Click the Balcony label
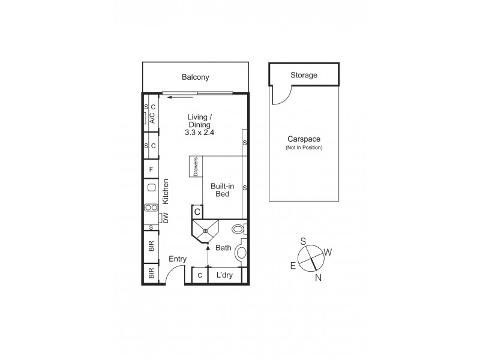(x=196, y=77)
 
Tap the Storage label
(x=304, y=75)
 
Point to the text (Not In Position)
(x=304, y=147)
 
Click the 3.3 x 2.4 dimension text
(x=199, y=133)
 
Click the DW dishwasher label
(x=166, y=218)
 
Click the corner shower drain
(x=206, y=230)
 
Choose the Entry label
(x=178, y=259)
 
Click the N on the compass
(x=318, y=277)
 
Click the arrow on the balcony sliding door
(x=180, y=95)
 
